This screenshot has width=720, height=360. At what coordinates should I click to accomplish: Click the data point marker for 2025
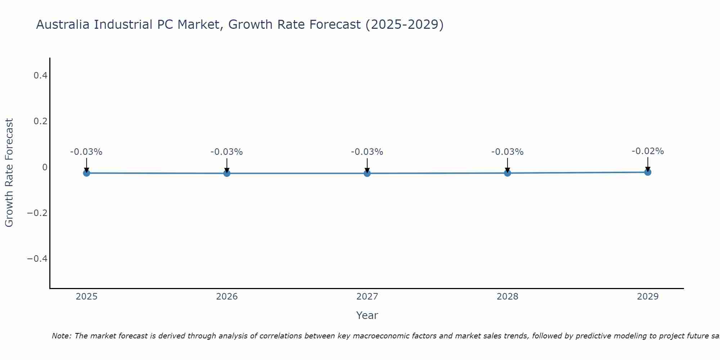point(86,173)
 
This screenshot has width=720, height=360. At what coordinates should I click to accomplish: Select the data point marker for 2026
point(227,174)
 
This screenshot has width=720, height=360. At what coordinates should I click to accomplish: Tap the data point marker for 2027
point(367,174)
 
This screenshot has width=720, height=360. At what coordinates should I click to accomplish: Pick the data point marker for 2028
point(508,173)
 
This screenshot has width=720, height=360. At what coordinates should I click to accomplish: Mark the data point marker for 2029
point(648,172)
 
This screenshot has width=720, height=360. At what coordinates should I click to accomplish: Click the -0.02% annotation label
point(648,151)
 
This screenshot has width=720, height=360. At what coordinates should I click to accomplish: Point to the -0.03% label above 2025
point(86,152)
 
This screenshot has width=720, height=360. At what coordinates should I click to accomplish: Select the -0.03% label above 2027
point(367,152)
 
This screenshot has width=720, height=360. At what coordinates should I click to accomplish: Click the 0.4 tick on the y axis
point(40,76)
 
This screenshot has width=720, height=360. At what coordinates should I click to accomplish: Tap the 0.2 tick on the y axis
point(40,121)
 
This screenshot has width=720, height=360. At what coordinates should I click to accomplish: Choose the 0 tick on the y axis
point(45,167)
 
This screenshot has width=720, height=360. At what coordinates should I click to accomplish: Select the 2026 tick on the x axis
point(227,297)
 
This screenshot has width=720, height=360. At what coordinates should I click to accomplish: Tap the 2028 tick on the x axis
point(508,297)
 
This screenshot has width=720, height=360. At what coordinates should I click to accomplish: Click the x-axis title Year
point(367,315)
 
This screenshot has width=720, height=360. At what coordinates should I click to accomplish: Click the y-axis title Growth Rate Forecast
point(9,173)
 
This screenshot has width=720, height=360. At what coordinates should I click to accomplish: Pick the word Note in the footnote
point(61,336)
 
